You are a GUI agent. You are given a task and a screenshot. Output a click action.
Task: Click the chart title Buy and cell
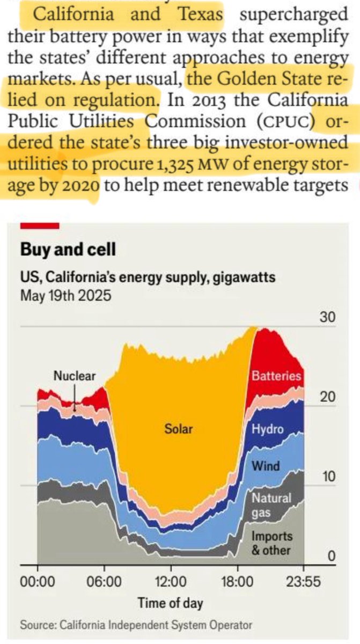click(68, 250)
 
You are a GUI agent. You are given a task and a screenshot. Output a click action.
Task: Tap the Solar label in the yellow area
click(178, 429)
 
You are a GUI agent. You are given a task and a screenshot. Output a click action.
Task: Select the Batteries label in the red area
click(276, 376)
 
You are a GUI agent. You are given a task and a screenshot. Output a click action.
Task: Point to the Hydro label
click(268, 429)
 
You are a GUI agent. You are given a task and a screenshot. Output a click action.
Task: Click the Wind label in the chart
click(266, 465)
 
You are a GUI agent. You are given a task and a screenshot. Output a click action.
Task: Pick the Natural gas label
click(271, 505)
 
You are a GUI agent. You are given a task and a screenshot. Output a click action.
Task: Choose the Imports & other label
click(272, 543)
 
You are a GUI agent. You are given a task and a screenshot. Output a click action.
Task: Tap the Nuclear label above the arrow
click(75, 376)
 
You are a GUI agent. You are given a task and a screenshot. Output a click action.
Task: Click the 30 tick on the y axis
click(328, 317)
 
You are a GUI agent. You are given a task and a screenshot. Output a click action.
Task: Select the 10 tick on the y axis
click(328, 477)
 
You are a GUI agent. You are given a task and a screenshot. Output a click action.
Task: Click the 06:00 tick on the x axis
click(104, 581)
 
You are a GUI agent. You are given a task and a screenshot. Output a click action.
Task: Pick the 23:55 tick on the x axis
click(304, 581)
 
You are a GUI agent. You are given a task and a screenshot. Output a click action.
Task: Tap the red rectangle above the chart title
click(40, 226)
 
